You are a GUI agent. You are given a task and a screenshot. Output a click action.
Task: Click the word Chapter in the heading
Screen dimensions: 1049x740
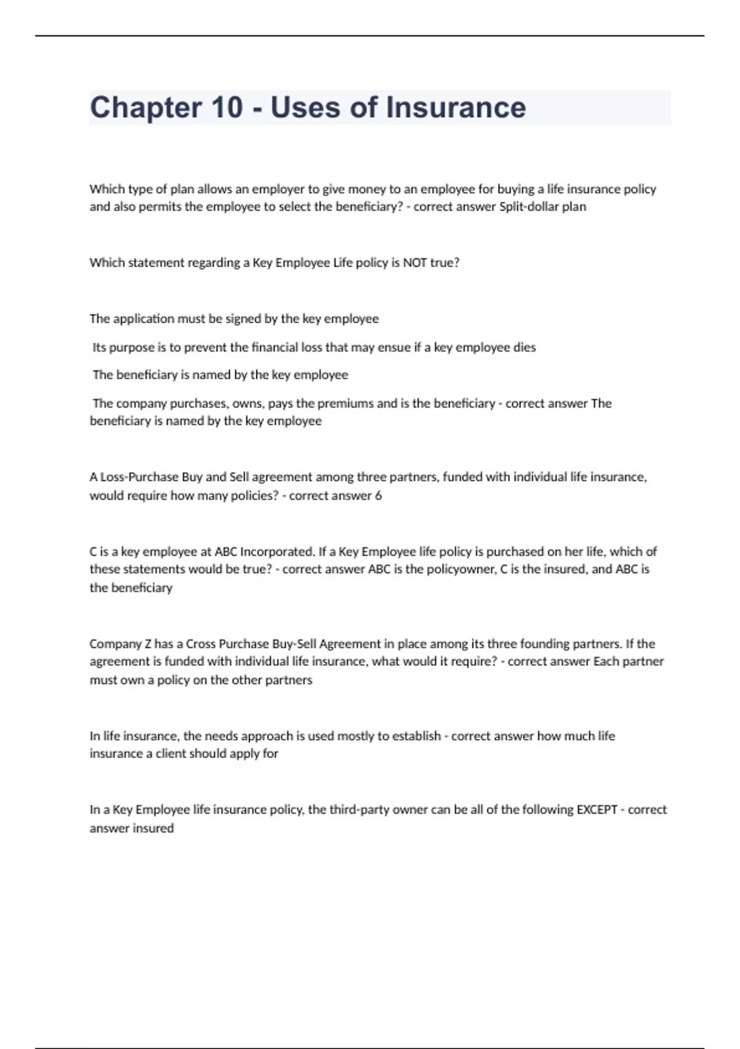point(145,108)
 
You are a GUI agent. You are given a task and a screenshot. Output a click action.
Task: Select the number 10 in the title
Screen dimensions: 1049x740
point(227,108)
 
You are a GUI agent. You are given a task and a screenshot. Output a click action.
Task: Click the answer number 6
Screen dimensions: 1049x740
point(378,495)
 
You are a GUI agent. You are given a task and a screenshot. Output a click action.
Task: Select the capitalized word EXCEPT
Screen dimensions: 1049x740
point(596,810)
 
